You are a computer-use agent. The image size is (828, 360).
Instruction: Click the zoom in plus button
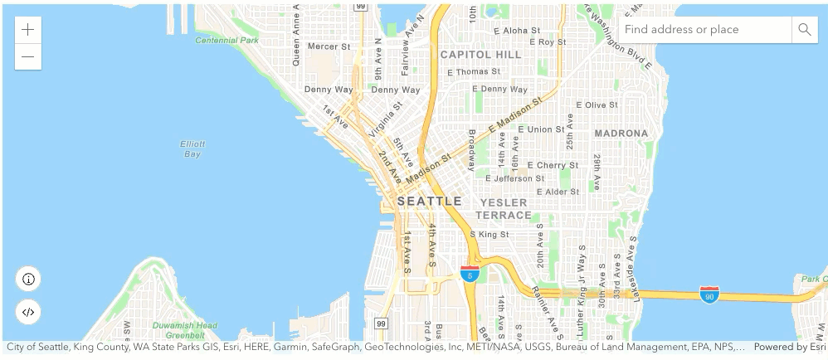[28, 30]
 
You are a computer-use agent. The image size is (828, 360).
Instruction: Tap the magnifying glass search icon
[804, 30]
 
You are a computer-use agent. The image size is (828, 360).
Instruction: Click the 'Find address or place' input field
[704, 30]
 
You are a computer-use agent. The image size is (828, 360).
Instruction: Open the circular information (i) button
[28, 279]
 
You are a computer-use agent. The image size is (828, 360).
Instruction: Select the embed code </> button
[28, 312]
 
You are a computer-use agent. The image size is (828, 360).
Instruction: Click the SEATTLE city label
[429, 201]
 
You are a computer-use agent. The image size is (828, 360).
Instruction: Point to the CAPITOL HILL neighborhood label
[481, 55]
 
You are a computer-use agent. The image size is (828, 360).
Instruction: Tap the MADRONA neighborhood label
[621, 133]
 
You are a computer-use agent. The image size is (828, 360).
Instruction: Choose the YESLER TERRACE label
[503, 208]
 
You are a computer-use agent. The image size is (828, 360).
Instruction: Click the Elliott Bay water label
[192, 148]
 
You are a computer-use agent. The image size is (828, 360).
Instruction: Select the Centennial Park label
[226, 40]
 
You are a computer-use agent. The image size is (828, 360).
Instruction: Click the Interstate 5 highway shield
[470, 274]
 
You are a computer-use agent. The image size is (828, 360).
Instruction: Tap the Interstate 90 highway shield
[709, 294]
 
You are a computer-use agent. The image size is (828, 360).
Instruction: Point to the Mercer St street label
[329, 46]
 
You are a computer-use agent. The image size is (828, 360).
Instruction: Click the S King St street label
[489, 235]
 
